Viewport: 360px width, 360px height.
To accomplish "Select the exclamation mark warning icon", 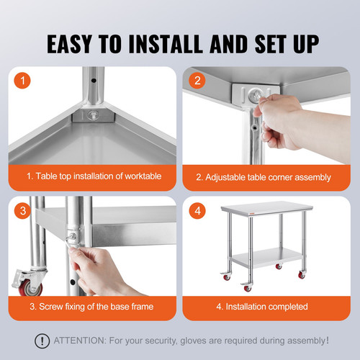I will pos(44,340).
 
